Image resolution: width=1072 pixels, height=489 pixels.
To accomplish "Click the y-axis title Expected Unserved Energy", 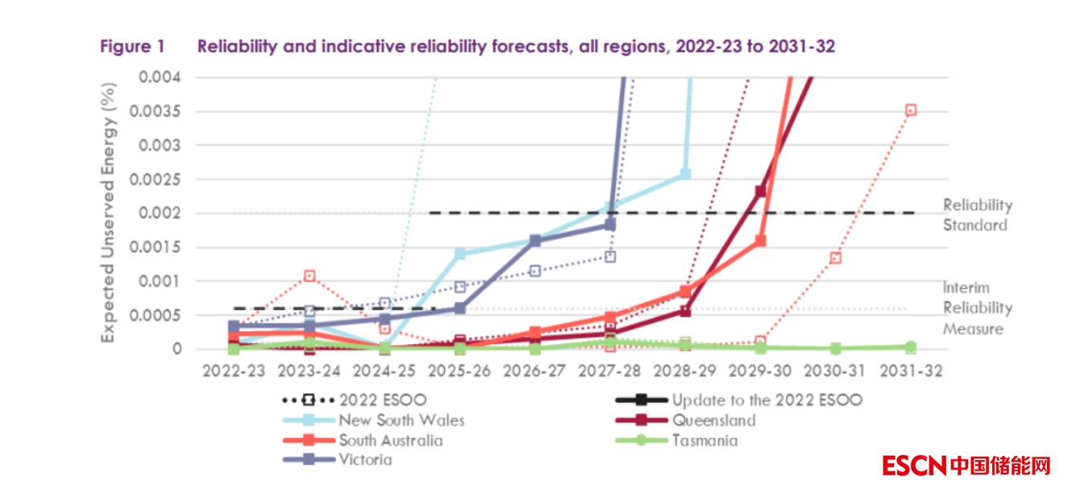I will point(108,213).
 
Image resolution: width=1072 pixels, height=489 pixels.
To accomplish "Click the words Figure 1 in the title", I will point(132,47).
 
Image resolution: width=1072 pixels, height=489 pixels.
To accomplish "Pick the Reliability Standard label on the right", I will point(977,215).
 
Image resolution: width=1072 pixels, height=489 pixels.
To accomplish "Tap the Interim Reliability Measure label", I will point(978,308).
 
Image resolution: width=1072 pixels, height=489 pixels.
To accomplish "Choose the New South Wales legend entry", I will point(401,420).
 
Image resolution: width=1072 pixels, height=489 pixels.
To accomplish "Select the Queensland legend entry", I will point(713,420).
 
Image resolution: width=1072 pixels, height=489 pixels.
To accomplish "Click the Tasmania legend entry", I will point(704,440).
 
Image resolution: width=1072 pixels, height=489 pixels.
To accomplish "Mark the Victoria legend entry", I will point(365,460).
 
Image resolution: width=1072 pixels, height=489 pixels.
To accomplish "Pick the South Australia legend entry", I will point(390,440).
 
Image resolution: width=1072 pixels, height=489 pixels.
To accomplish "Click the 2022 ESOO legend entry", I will point(382,399).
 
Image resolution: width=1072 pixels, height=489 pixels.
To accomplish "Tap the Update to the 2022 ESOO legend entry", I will point(766,399).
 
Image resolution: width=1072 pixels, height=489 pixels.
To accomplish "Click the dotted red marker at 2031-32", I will point(911,110).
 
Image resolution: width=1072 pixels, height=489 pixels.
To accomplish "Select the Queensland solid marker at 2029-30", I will point(760,191).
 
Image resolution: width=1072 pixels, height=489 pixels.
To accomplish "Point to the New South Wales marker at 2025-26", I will point(460,254).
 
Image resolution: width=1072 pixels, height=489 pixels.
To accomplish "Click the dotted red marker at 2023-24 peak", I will point(309,276).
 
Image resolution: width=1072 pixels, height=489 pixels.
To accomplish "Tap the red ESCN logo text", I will point(914,465).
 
